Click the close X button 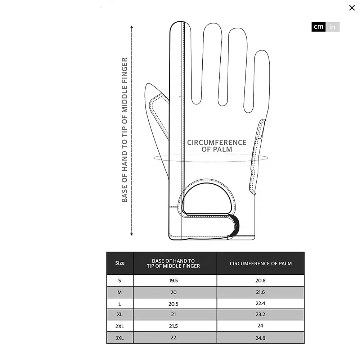click(352, 8)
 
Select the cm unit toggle click(318, 27)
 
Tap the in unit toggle click(332, 27)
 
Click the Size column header click(120, 263)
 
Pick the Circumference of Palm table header click(261, 264)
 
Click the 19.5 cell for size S click(174, 281)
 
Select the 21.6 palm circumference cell click(260, 292)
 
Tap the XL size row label click(120, 314)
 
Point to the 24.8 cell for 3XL click(260, 338)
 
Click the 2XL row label click(120, 326)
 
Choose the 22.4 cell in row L click(260, 303)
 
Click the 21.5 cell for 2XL click(174, 326)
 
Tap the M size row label click(120, 292)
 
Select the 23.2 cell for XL click(260, 314)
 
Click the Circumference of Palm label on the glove click(217, 146)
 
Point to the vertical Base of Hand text click(125, 130)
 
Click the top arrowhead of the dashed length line click(132, 27)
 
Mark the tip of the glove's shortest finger click(262, 53)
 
